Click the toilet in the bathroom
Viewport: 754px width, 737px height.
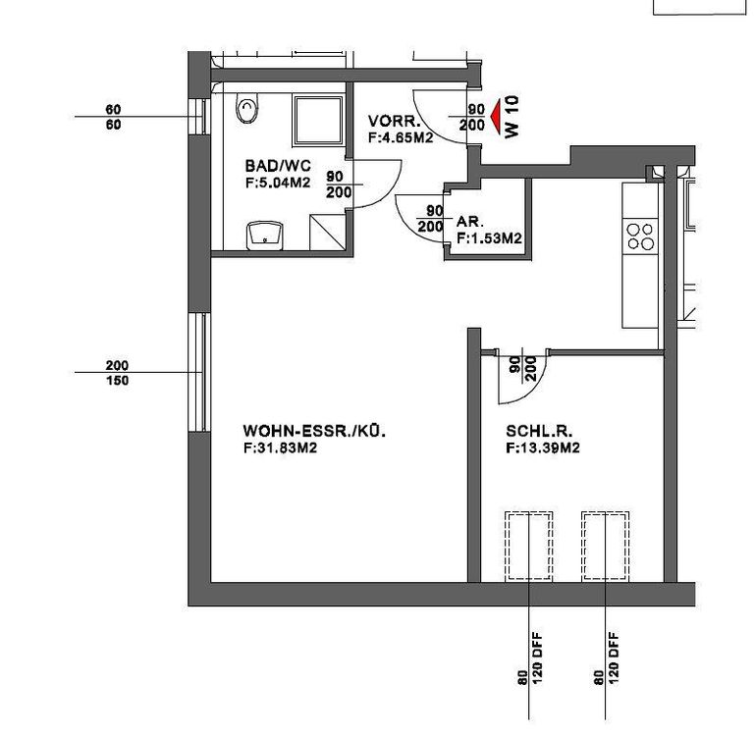(247, 108)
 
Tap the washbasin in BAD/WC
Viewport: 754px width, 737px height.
(264, 236)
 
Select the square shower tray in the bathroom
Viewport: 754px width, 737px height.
(318, 120)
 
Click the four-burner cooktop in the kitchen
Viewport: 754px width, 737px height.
(640, 237)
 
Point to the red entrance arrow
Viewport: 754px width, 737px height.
(496, 117)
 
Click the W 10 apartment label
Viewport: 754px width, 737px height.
(512, 117)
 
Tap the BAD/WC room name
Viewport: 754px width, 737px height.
(278, 166)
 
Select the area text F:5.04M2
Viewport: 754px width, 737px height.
(278, 183)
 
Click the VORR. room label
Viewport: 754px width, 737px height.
(395, 121)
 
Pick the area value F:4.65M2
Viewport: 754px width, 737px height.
(401, 137)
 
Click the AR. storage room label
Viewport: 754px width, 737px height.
(470, 222)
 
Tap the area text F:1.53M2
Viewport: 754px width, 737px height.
(489, 237)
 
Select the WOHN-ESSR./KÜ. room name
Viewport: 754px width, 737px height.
(314, 431)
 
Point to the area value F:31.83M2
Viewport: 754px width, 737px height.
(281, 447)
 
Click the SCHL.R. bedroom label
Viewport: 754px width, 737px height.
(539, 431)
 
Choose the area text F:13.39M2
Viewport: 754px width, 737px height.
(543, 447)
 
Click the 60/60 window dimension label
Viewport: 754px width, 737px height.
(114, 117)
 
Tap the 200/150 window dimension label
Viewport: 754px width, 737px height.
(118, 373)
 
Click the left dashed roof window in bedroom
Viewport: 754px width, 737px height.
(528, 546)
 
